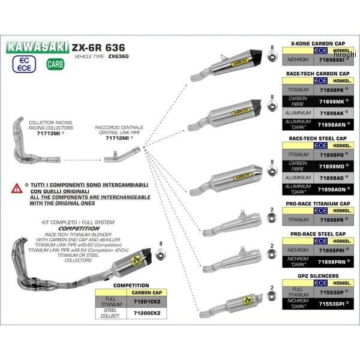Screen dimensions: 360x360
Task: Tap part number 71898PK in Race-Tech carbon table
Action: point(328,90)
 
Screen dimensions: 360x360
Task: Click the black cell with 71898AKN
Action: point(328,124)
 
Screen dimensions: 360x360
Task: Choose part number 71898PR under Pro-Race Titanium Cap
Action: point(328,220)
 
